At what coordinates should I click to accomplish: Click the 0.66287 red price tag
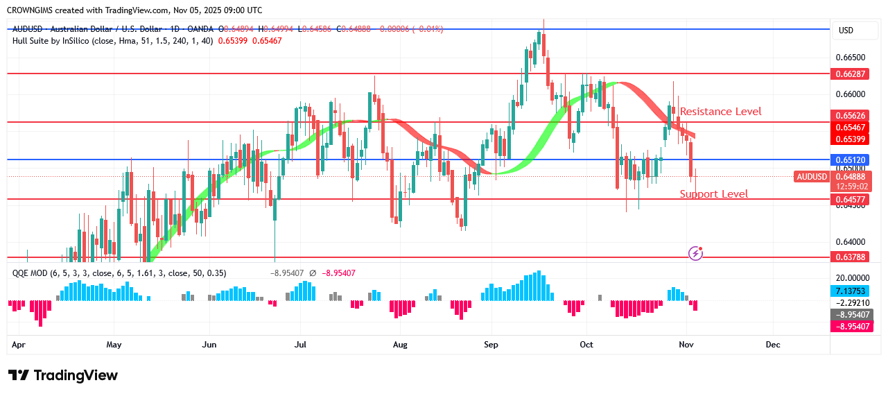tap(851, 73)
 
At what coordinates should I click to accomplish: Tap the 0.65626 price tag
tap(851, 115)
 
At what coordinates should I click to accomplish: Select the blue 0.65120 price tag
tap(851, 160)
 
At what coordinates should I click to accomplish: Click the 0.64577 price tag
tap(851, 199)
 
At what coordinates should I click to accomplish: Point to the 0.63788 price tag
tap(851, 257)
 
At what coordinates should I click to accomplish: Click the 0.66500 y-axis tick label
tap(850, 58)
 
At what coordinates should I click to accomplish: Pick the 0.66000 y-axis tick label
tap(850, 94)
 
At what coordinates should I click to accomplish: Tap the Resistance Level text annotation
tap(720, 112)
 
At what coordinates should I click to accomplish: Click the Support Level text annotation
tap(713, 194)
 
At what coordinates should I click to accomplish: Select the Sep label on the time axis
tap(491, 344)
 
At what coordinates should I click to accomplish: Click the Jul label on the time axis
tap(300, 344)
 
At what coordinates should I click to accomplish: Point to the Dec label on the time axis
tap(773, 344)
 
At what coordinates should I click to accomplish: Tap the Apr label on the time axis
tap(19, 344)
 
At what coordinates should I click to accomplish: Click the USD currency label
tap(846, 31)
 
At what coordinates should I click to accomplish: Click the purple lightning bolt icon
tap(696, 253)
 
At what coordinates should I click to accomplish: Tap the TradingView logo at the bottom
tap(63, 375)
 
